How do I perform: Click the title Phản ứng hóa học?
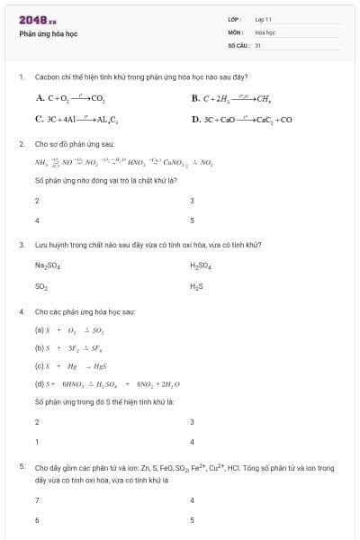click(47, 33)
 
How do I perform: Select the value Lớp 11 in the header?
click(263, 19)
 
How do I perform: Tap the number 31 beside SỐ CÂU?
click(257, 44)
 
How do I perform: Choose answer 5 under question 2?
click(193, 220)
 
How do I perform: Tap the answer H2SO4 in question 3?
click(200, 265)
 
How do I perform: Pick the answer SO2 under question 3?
click(41, 286)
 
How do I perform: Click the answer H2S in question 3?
click(197, 286)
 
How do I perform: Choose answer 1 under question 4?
click(37, 441)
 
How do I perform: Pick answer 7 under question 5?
click(37, 499)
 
